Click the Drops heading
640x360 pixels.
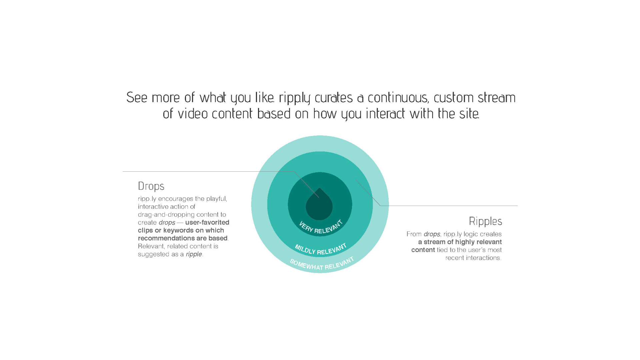[x=151, y=186]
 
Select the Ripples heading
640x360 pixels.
[x=485, y=221]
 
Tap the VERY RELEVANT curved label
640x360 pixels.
[x=321, y=228]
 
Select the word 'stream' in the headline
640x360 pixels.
[x=497, y=97]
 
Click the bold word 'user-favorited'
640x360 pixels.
[x=207, y=222]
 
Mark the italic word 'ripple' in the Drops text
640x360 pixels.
[x=194, y=254]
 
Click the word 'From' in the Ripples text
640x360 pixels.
[x=414, y=234]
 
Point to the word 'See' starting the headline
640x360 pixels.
[x=137, y=97]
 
